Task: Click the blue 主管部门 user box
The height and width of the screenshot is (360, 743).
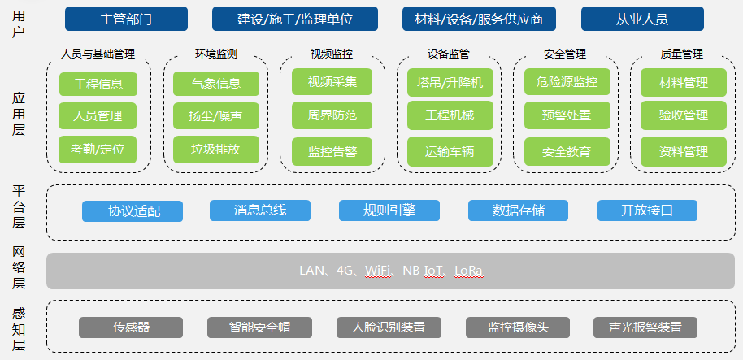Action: pos(126,19)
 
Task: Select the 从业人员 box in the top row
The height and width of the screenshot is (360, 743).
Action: pos(636,19)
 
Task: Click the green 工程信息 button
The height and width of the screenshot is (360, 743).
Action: pos(98,84)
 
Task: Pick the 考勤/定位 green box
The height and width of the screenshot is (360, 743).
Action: pos(98,150)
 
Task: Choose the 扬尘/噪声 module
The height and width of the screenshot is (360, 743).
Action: pos(215,116)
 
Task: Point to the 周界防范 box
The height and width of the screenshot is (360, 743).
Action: pos(332,115)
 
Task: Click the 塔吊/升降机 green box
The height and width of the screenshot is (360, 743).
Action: pos(450,82)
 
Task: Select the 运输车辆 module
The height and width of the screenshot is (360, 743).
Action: pos(450,150)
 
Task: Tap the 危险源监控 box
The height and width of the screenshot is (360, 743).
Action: pos(567,82)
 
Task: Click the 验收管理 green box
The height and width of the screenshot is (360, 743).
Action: pos(684,115)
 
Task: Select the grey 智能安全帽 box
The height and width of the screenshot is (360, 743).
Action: pos(259,327)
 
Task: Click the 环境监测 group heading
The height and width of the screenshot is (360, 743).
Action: pos(215,54)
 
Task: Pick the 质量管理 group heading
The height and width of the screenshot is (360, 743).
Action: pos(682,54)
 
